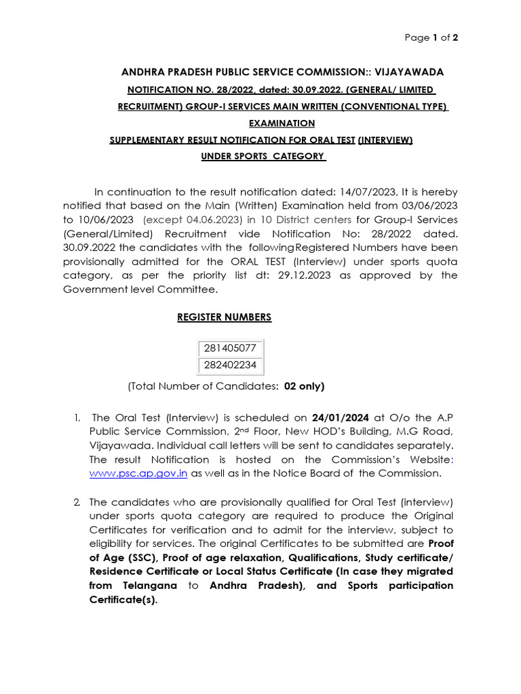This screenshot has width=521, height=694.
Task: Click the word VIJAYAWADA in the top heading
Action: [406, 72]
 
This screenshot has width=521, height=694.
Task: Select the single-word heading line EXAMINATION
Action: [282, 123]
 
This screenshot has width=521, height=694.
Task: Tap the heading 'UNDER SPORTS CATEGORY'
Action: [263, 157]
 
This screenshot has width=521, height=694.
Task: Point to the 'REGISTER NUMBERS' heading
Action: [224, 317]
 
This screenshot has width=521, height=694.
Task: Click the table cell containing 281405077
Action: [230, 348]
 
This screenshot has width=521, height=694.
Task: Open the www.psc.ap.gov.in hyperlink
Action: [138, 473]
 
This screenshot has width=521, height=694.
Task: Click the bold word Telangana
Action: [145, 586]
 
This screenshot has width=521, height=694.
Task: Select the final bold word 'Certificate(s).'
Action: [123, 600]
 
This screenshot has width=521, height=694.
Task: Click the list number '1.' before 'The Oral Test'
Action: [78, 417]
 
